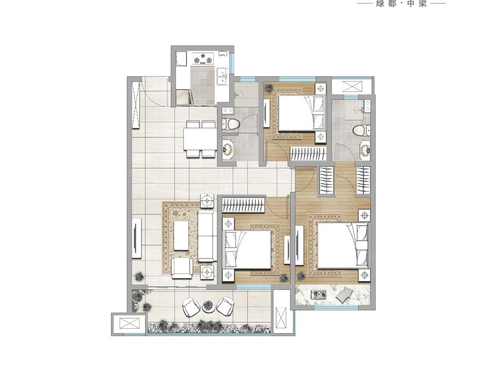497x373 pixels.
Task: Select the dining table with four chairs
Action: [x=200, y=138]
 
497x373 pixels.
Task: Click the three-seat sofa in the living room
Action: [x=207, y=236]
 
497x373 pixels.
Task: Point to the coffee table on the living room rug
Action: [x=181, y=235]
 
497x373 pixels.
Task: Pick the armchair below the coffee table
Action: [x=182, y=269]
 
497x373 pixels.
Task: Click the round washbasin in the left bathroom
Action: [x=228, y=148]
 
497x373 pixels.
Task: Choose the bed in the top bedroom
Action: [x=302, y=113]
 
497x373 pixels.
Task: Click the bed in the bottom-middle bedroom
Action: [x=248, y=249]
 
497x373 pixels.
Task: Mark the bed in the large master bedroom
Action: [x=343, y=245]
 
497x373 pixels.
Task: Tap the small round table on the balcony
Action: [x=208, y=305]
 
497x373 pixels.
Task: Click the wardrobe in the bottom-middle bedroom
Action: [x=243, y=204]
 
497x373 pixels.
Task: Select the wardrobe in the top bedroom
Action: [x=309, y=154]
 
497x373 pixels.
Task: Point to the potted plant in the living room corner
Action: [x=139, y=277]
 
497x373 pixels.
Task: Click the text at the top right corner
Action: [x=401, y=3]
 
